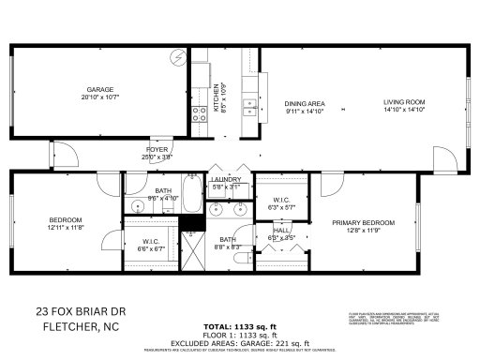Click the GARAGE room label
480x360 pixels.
pos(100,90)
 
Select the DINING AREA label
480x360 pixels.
pos(305,103)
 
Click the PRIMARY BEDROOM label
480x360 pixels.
pos(363,222)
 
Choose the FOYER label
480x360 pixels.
pos(157,150)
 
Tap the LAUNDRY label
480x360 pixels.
pos(226,179)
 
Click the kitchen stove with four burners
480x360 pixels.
pos(200,115)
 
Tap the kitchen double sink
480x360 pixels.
pos(248,105)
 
